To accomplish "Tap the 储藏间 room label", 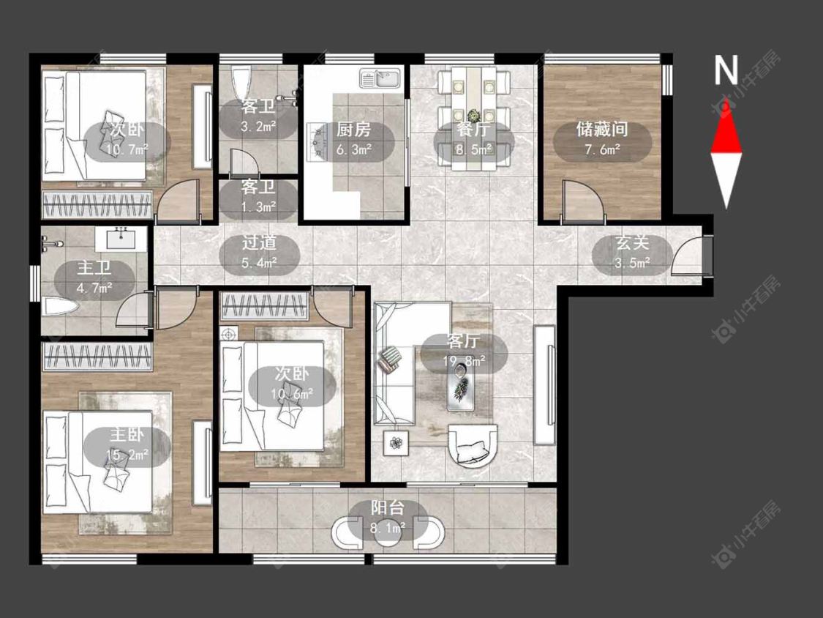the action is click(602, 130).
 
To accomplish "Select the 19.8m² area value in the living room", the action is click(464, 361).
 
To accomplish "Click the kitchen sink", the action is click(380, 78).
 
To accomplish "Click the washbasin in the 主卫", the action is click(121, 239).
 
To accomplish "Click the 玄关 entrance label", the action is click(632, 243).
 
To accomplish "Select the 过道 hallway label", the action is click(259, 243).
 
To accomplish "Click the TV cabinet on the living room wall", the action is click(544, 385).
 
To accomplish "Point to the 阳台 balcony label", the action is click(387, 508).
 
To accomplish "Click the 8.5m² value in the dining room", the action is click(473, 149).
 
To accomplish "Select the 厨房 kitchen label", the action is click(353, 130).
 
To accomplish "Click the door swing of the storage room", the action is click(582, 200).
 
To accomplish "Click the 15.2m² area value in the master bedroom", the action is click(127, 454).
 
